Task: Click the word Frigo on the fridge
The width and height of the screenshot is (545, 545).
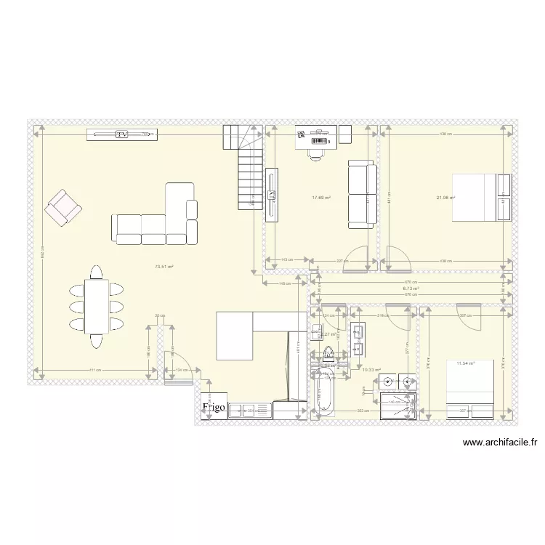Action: (215, 408)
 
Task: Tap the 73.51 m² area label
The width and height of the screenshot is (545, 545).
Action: (164, 267)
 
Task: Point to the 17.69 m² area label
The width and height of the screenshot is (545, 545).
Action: (321, 197)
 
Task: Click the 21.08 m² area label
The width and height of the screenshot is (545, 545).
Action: (445, 197)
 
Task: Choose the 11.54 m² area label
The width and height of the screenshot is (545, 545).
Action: (465, 363)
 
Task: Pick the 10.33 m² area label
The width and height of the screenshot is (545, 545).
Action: (371, 370)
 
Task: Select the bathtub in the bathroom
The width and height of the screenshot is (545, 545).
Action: (324, 392)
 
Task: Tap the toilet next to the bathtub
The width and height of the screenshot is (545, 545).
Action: (328, 355)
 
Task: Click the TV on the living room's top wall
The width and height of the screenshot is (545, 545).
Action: (121, 134)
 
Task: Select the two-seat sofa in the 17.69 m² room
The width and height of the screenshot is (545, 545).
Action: (362, 194)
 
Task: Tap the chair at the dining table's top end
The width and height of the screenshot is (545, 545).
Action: (96, 272)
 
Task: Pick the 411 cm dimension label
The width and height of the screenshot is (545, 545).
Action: (94, 371)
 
